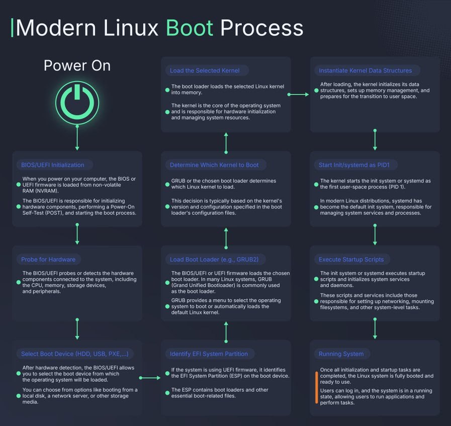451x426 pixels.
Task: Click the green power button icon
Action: (x=77, y=102)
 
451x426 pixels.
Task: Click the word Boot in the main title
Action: (x=190, y=28)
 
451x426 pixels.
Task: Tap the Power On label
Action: (x=77, y=65)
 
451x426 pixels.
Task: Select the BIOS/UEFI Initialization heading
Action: (x=53, y=165)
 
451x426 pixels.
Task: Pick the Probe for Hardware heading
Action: (x=48, y=259)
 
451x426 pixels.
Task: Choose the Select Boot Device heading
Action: (x=74, y=354)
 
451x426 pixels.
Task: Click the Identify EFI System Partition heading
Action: (x=209, y=354)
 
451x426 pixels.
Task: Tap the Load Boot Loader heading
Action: (x=214, y=259)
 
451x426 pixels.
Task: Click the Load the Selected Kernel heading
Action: (x=205, y=71)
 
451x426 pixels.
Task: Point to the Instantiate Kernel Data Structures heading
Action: (x=365, y=71)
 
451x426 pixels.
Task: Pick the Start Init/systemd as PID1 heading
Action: (x=357, y=165)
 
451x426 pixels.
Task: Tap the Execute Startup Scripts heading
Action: (x=351, y=259)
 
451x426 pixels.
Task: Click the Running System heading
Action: (x=341, y=354)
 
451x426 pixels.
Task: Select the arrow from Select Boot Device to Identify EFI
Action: (x=149, y=378)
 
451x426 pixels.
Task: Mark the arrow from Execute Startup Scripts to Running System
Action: (x=375, y=330)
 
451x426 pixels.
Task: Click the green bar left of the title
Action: (x=12, y=28)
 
